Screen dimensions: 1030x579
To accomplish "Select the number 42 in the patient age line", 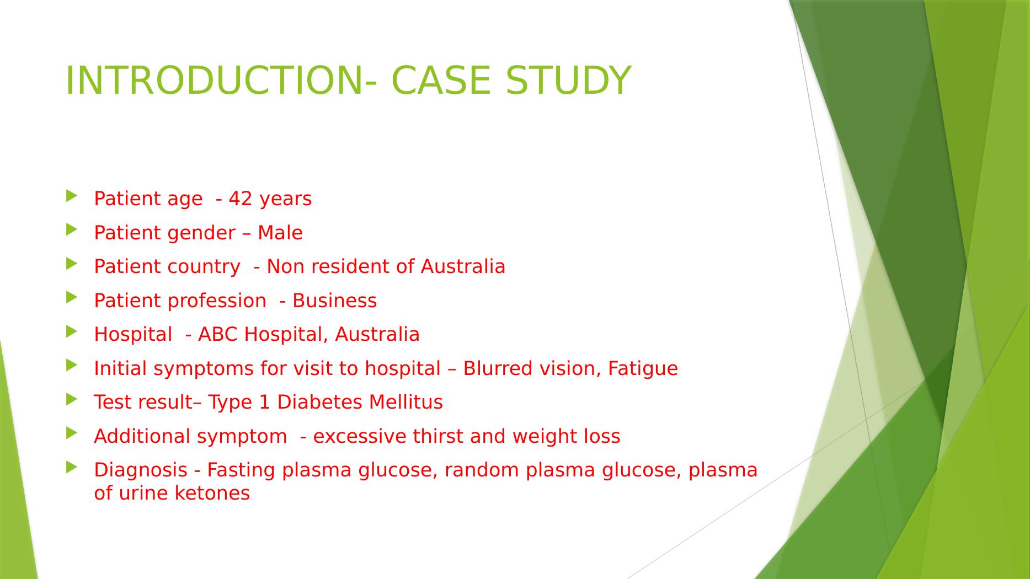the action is tap(240, 199).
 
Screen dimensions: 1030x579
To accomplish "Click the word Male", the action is tap(280, 233).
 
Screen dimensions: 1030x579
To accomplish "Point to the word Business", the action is tap(335, 301).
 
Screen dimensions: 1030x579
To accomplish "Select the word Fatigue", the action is tap(643, 368).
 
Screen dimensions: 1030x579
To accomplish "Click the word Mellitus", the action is tap(405, 402).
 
